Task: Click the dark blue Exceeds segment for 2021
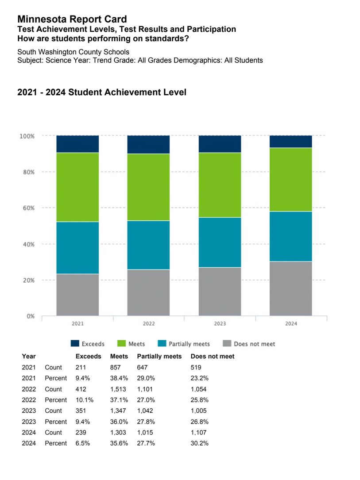coord(77,144)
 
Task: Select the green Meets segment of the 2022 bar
coord(148,187)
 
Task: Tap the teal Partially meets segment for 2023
coord(220,242)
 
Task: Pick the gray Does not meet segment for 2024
coord(291,288)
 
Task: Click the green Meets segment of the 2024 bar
coord(291,180)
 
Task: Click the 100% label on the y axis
coord(27,136)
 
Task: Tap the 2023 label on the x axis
coord(220,324)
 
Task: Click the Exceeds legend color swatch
coord(75,344)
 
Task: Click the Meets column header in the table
coord(119,356)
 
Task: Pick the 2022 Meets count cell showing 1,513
coord(118,389)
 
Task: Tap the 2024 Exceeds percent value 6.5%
coord(83,443)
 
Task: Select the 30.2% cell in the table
coord(199,443)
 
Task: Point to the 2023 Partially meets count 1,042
coord(147,411)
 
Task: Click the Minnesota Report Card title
coord(72,19)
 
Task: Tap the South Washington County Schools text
coord(73,52)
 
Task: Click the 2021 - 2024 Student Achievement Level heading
coord(102,92)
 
